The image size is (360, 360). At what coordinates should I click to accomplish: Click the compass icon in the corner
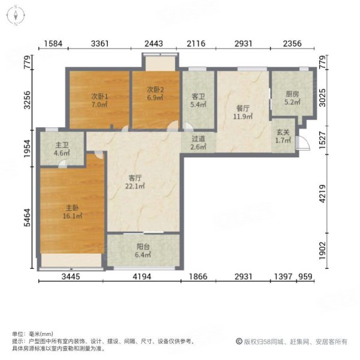pos(16,16)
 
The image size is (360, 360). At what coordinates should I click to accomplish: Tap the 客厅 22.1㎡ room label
pos(135,182)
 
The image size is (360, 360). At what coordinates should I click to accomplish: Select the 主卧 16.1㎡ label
pos(73,212)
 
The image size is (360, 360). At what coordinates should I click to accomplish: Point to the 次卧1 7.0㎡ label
pos(100,100)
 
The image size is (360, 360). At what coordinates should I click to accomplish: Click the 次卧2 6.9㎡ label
pos(155,94)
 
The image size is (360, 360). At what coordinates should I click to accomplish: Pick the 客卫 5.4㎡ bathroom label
pos(198,100)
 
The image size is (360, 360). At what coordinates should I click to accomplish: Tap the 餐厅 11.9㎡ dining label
pos(243,112)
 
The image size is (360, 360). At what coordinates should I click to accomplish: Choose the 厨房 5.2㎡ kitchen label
pos(292,98)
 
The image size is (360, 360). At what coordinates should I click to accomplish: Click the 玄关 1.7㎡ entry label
pos(283,136)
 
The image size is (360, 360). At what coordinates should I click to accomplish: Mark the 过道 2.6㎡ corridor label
pos(198,143)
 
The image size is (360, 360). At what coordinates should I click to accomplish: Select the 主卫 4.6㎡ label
pos(62,149)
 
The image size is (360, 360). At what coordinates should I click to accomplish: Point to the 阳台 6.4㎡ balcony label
pos(143,250)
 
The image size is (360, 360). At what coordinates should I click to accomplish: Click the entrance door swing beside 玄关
pos(304,143)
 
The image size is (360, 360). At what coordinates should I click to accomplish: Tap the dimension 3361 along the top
pos(100,43)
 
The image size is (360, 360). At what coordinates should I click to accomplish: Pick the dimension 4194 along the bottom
pos(142,277)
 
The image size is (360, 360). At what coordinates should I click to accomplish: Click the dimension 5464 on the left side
pos(27,217)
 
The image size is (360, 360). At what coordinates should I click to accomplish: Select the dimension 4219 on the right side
pos(322,194)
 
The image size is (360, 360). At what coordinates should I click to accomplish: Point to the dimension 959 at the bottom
pos(305,277)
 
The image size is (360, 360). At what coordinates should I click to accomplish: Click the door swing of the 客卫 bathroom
pos(188,127)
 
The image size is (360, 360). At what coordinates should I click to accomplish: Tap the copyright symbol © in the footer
pos(239,341)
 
